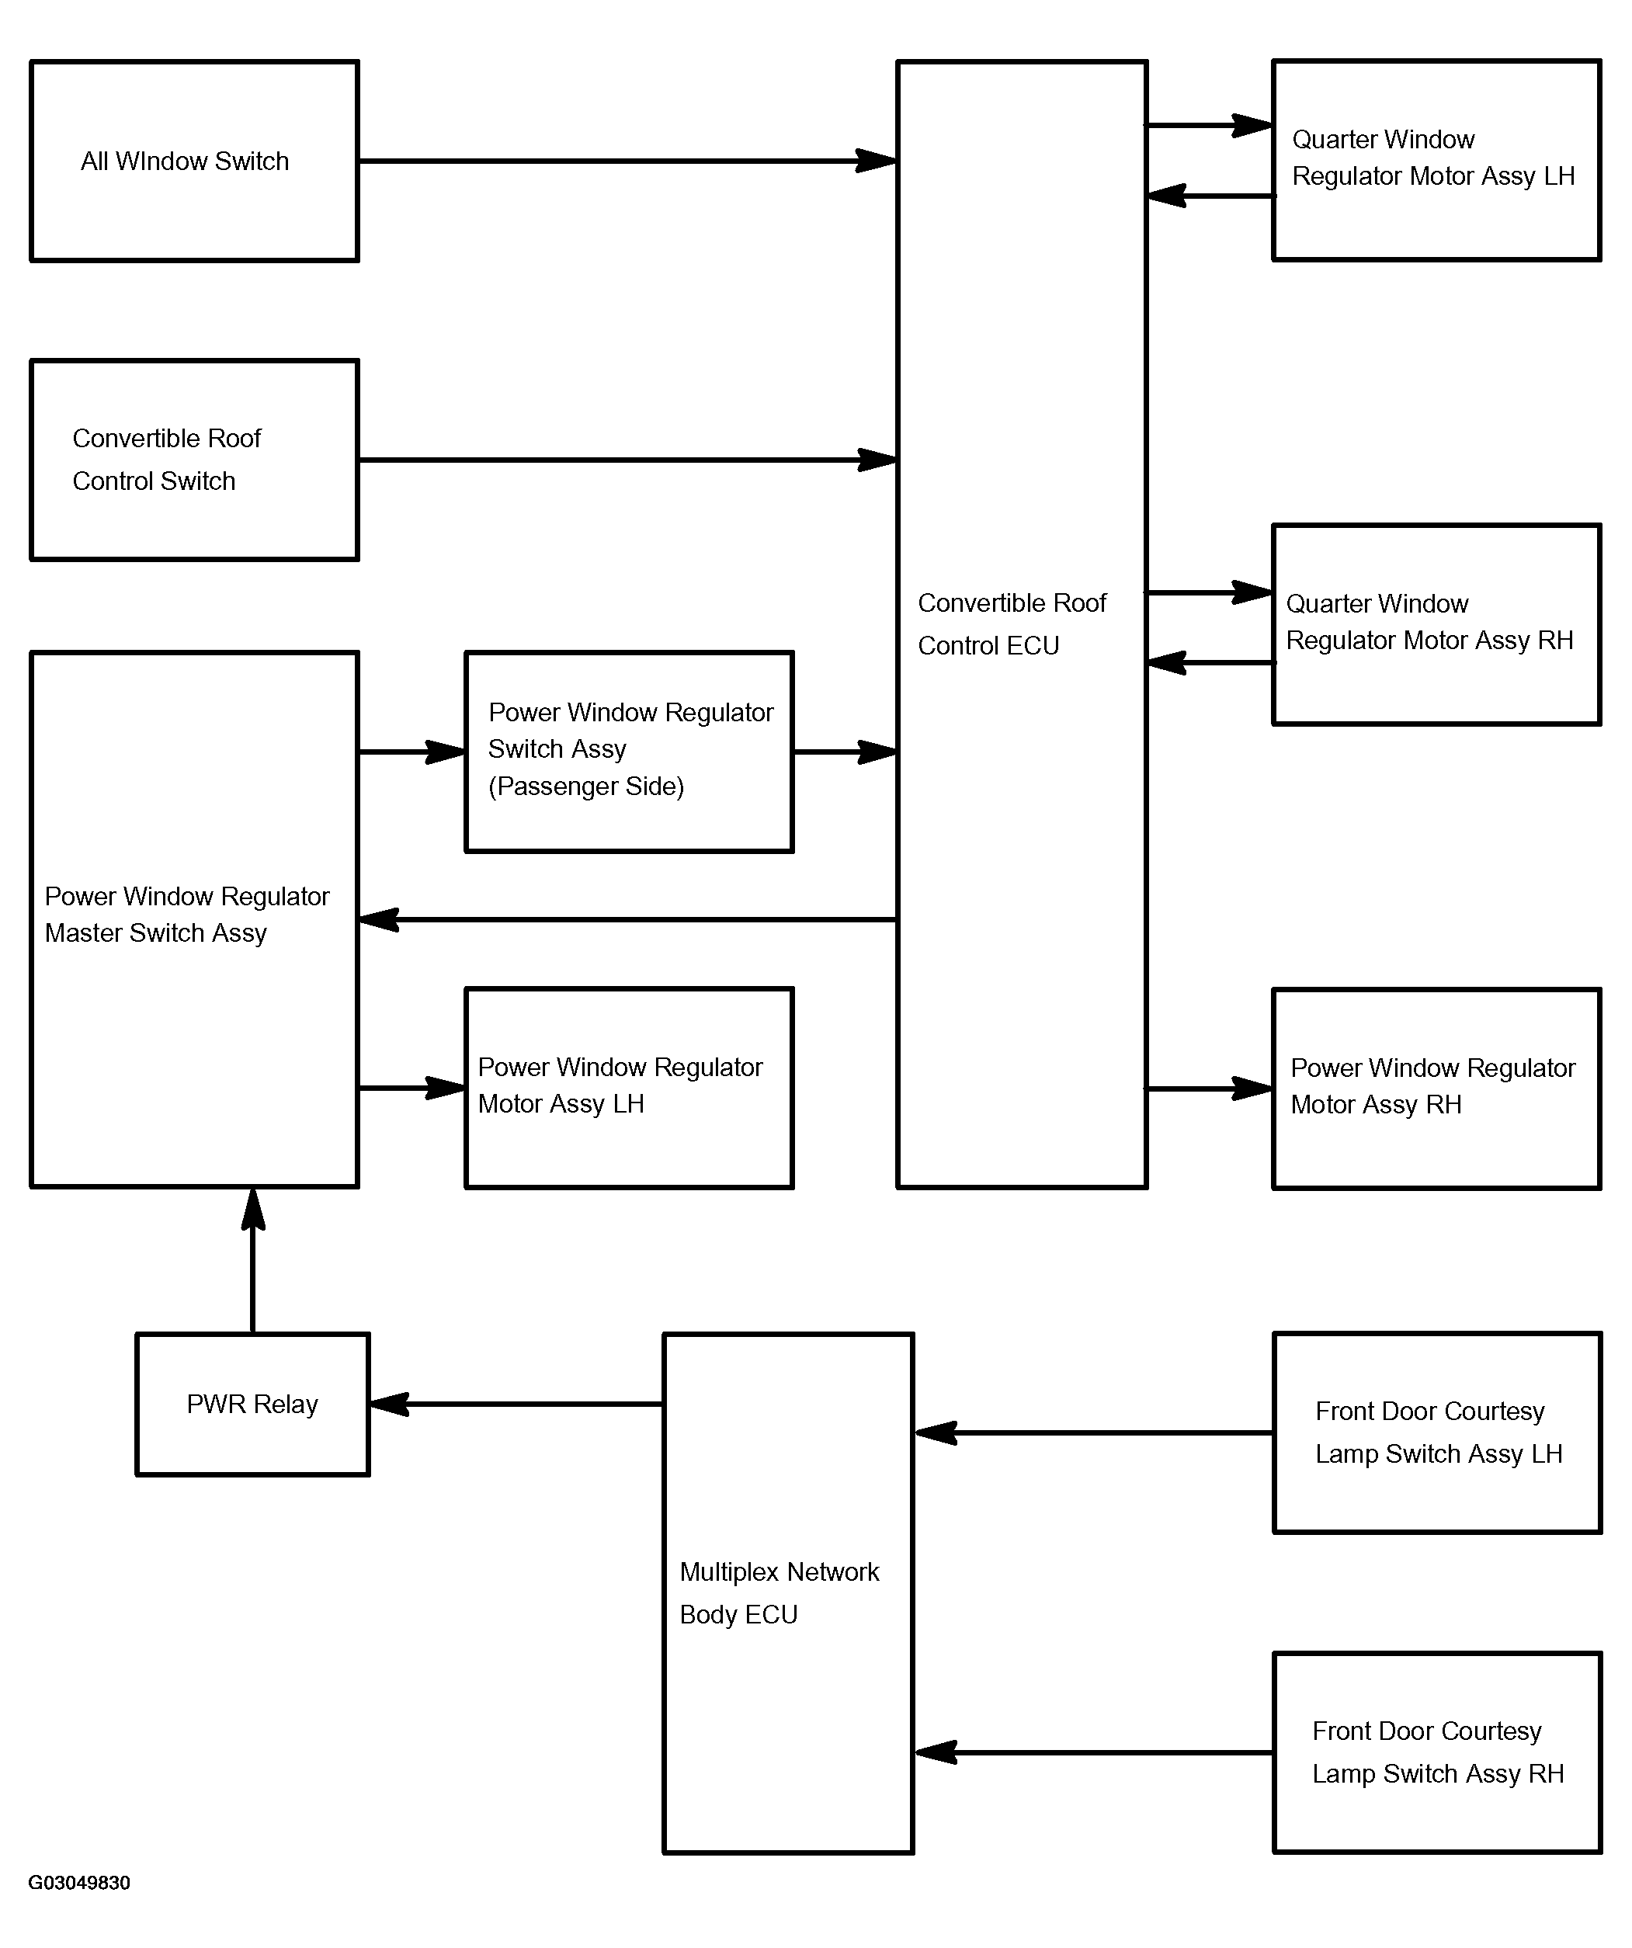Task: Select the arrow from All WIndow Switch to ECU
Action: tap(628, 161)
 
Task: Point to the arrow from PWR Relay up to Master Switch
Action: tap(252, 1261)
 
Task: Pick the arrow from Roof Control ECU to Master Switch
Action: tap(628, 920)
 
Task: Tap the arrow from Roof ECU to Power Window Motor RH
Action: tap(1210, 1089)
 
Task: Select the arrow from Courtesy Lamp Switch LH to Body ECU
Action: tap(1094, 1433)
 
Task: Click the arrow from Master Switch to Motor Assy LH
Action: tap(412, 1088)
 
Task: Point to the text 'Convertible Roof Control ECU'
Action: tap(1012, 624)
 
